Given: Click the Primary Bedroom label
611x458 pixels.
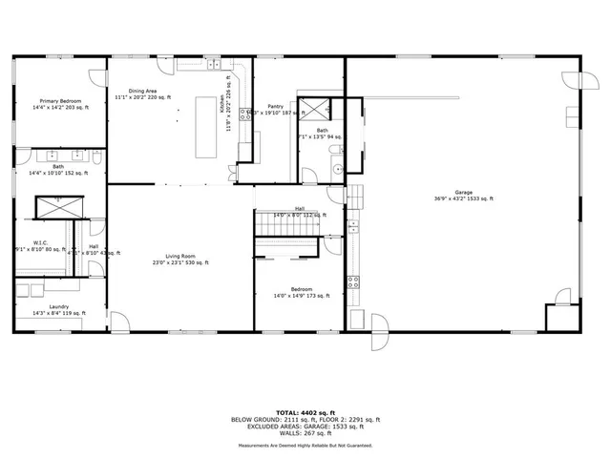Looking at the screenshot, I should click(x=59, y=101).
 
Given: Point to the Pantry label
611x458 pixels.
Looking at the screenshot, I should click(x=275, y=107).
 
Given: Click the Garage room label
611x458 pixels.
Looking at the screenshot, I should click(x=463, y=192).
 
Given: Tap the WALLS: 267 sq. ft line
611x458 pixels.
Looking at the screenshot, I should click(x=305, y=434).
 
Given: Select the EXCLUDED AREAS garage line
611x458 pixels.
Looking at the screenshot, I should click(x=305, y=427).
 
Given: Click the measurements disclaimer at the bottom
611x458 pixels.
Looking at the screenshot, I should click(x=305, y=445).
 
